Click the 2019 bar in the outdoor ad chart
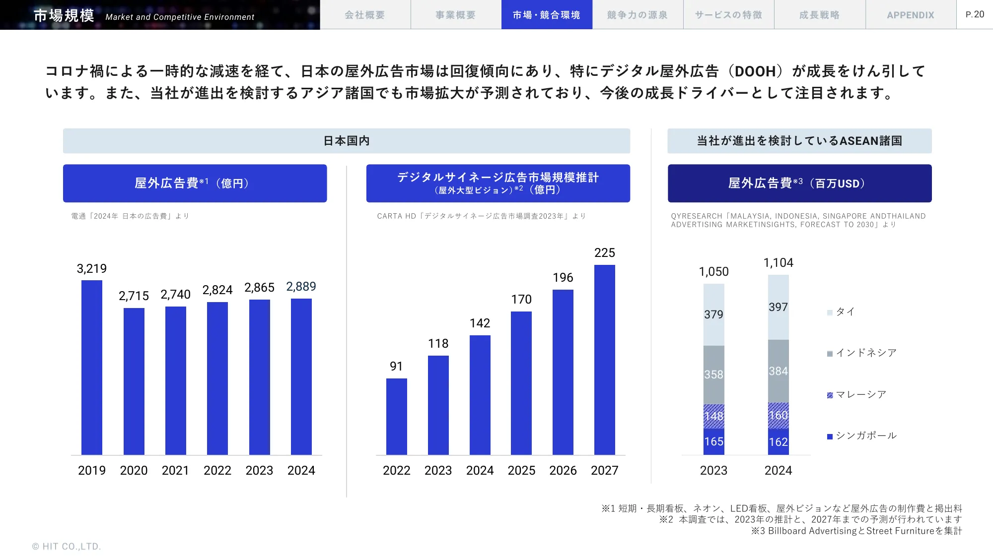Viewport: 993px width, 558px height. tap(92, 367)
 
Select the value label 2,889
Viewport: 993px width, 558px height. tap(301, 287)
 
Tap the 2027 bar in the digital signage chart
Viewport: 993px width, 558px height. tap(604, 360)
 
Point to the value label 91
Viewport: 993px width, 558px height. tap(396, 367)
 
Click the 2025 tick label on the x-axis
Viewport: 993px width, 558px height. tap(521, 470)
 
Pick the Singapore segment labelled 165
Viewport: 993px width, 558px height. tap(713, 441)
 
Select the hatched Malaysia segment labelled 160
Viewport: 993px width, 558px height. tap(778, 416)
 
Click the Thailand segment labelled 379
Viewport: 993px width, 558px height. tap(713, 314)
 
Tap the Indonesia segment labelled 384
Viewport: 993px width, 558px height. tap(778, 371)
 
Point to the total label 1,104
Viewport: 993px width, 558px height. tap(778, 263)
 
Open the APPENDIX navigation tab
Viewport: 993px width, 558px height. tap(911, 15)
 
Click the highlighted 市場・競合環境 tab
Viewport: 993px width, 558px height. tap(546, 15)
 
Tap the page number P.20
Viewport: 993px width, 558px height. tap(975, 14)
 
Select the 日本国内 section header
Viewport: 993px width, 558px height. tap(347, 141)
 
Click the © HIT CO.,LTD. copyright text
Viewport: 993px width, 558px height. tap(67, 546)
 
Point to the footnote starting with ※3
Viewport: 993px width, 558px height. tap(856, 531)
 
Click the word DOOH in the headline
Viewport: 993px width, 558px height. tap(755, 71)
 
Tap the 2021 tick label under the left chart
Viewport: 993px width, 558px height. tap(175, 470)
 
